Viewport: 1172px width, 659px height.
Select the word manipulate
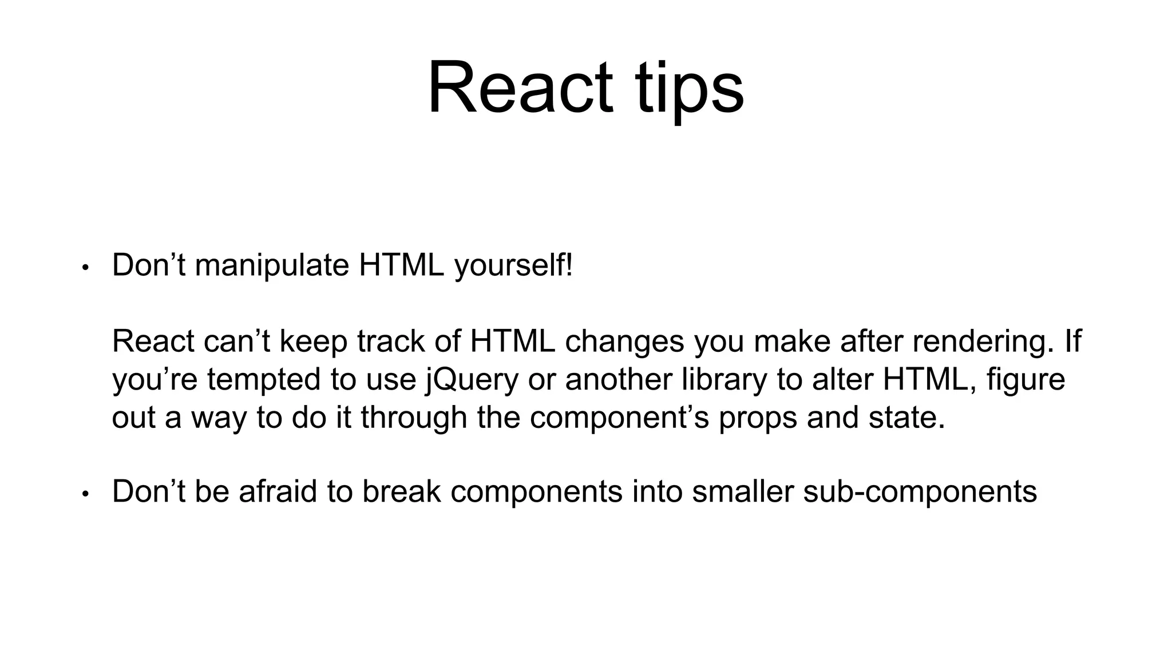272,265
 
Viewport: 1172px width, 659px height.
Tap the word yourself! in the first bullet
513,265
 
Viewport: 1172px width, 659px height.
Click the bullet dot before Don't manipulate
85,268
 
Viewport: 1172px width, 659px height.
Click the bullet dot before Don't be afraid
85,494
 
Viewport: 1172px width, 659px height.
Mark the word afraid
277,491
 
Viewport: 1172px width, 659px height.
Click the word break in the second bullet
401,491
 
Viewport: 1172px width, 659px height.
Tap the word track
390,342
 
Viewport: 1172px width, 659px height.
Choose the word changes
624,342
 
